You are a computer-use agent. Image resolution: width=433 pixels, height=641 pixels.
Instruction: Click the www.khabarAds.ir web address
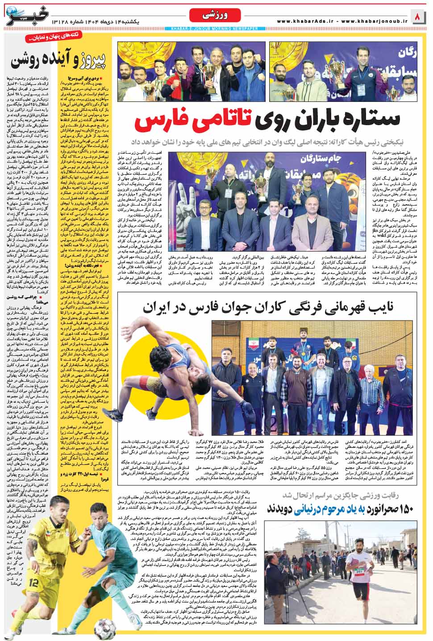coord(306,21)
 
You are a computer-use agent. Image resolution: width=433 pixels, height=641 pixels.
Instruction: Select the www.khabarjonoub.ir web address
coord(375,21)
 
